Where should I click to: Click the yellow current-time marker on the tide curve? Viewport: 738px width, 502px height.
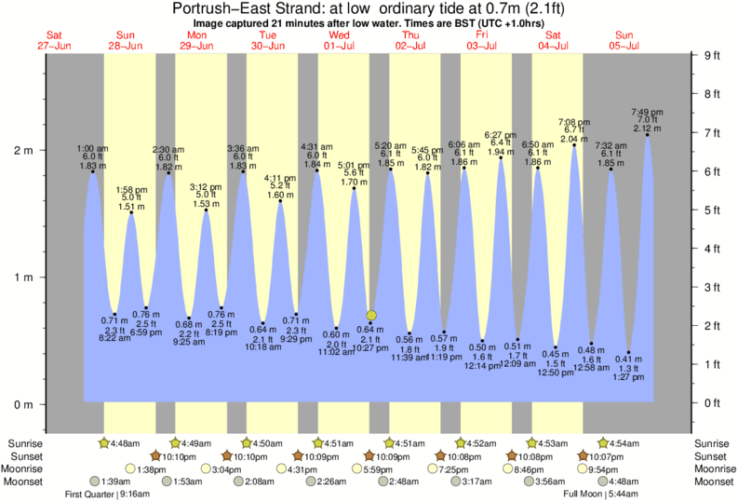(x=371, y=316)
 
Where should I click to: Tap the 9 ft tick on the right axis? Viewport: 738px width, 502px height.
(x=712, y=56)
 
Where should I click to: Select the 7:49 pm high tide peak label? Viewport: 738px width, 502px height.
(x=647, y=113)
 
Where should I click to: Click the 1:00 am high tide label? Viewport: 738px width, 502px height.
(x=91, y=149)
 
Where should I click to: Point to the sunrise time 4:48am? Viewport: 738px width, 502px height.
(x=124, y=442)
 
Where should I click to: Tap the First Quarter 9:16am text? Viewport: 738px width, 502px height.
(x=106, y=495)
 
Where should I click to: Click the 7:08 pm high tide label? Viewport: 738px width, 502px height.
(x=573, y=122)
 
